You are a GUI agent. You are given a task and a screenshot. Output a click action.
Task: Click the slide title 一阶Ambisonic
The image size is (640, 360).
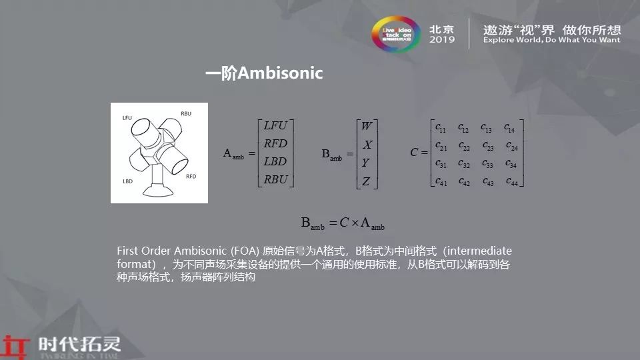click(264, 73)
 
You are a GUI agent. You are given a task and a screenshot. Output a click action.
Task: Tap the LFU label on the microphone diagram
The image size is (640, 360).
click(128, 118)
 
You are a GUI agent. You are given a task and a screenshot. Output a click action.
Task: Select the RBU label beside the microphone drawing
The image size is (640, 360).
click(186, 113)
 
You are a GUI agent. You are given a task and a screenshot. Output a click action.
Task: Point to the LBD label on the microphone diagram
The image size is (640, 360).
click(128, 181)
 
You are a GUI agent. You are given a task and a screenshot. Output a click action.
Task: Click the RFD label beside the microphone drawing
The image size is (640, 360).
click(191, 177)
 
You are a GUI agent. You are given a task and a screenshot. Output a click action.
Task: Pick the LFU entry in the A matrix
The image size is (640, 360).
click(275, 126)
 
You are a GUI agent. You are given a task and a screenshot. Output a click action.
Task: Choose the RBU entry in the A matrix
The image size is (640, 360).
click(275, 179)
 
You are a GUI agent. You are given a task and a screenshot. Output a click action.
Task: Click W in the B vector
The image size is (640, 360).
click(367, 127)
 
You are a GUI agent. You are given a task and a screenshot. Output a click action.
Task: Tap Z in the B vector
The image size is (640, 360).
click(366, 181)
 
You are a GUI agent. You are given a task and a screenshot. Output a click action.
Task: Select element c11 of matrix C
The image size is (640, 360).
click(441, 127)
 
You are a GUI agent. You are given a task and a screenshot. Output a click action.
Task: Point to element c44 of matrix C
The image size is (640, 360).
click(512, 181)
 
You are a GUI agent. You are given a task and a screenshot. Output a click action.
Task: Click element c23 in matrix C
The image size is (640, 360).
click(487, 145)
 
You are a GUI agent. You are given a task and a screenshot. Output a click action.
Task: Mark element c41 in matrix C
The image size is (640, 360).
click(441, 181)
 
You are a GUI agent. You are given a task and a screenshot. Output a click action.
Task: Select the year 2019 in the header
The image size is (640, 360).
click(442, 40)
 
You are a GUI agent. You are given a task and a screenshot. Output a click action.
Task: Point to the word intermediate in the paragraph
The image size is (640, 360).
click(478, 251)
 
